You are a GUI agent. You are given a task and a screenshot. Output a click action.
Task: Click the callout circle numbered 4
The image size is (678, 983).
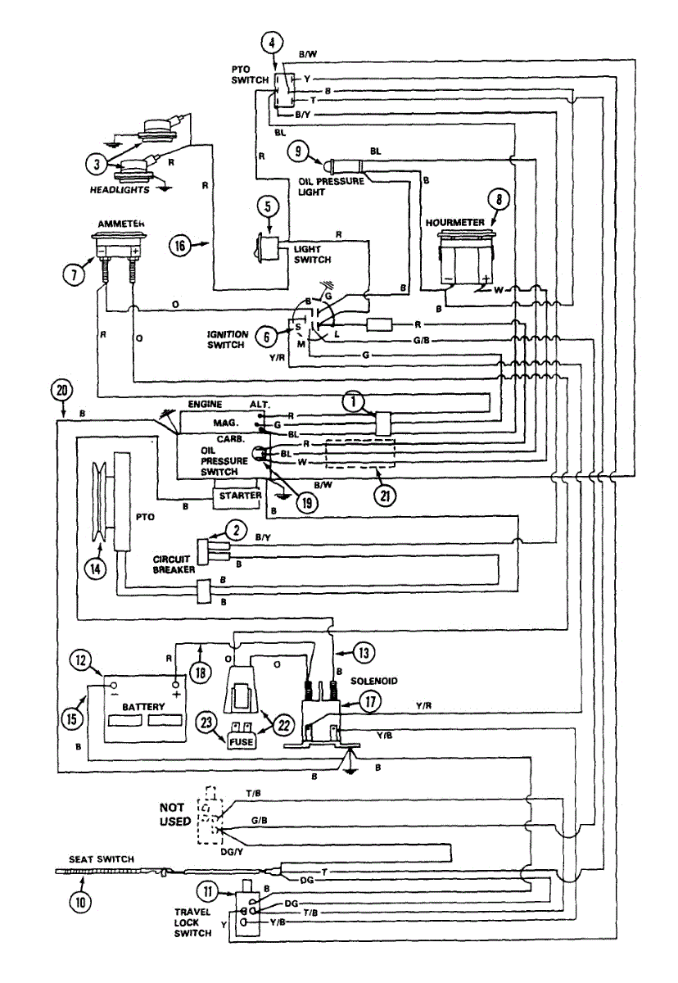point(273,42)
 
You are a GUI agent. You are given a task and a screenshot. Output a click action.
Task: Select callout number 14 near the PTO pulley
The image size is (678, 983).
point(97,568)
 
